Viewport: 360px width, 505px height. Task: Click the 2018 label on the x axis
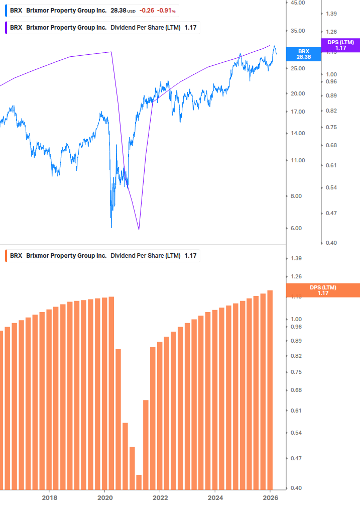pos(49,497)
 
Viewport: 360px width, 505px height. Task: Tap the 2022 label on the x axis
pos(160,497)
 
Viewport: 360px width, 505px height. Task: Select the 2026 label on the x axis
pos(270,497)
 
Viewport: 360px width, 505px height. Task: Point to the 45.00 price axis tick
pos(298,3)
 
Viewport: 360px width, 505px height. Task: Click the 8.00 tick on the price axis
pos(298,196)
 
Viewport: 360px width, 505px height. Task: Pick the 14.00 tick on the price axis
pos(298,133)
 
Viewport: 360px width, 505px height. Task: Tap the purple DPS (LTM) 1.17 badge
pos(340,45)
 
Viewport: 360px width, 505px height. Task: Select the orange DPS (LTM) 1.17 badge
pos(323,290)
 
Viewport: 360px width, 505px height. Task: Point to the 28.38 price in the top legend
pos(118,11)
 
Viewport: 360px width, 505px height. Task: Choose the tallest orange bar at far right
pos(270,390)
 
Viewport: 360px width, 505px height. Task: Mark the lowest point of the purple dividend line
pos(139,230)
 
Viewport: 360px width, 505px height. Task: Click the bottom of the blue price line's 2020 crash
pos(111,227)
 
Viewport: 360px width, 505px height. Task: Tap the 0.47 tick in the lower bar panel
pos(296,458)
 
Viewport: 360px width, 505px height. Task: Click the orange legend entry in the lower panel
pos(103,256)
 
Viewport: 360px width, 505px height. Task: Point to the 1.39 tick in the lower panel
pos(296,258)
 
